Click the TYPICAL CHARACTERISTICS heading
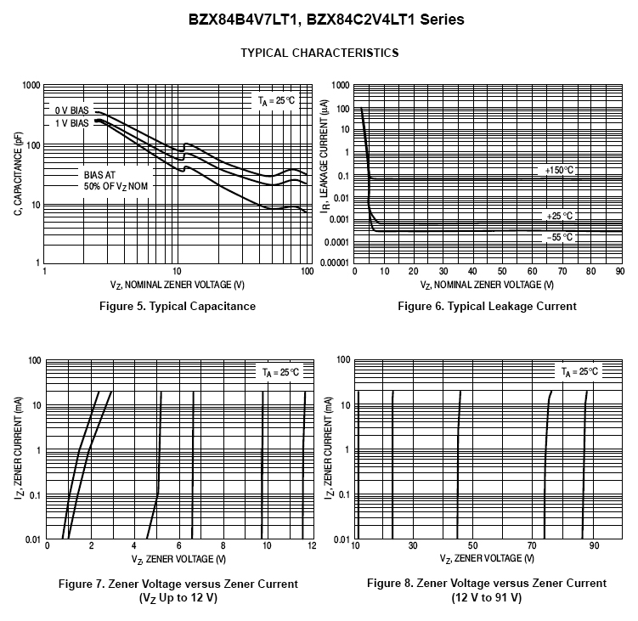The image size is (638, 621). pyautogui.click(x=319, y=53)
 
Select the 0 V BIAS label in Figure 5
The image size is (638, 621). pyautogui.click(x=72, y=111)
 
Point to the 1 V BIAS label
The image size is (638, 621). pyautogui.click(x=72, y=124)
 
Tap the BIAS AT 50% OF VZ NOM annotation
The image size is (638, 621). pyautogui.click(x=110, y=179)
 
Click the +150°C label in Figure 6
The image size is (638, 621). pyautogui.click(x=560, y=171)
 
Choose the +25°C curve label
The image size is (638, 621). pyautogui.click(x=560, y=216)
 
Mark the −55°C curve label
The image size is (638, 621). pyautogui.click(x=560, y=237)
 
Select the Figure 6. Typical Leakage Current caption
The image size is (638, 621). pyautogui.click(x=487, y=306)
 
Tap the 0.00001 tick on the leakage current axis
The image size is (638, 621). pyautogui.click(x=334, y=263)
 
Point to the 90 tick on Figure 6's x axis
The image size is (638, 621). pyautogui.click(x=619, y=272)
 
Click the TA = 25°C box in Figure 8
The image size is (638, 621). pyautogui.click(x=579, y=372)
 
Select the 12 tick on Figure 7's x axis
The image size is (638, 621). pyautogui.click(x=312, y=545)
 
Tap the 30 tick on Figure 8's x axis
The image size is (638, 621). pyautogui.click(x=413, y=545)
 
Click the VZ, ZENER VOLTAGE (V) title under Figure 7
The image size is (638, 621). pyautogui.click(x=178, y=559)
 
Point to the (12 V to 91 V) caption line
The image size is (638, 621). pyautogui.click(x=487, y=597)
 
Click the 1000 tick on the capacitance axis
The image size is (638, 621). pyautogui.click(x=31, y=86)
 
